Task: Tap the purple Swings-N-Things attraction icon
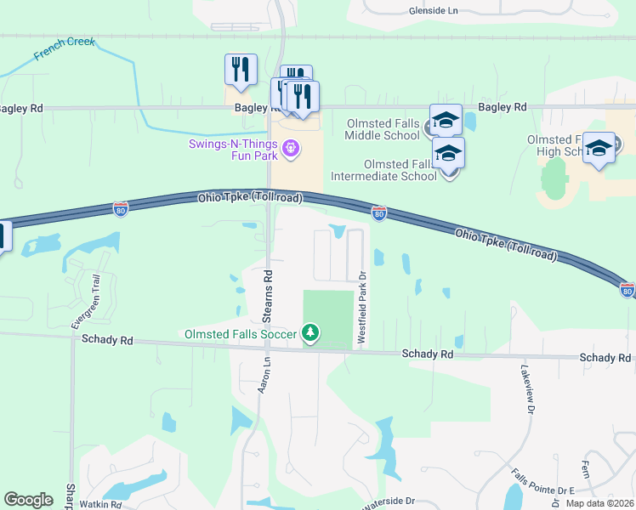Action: (291, 149)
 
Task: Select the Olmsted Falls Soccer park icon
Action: (311, 332)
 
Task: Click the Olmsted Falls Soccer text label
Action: (241, 334)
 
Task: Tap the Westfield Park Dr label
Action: (361, 307)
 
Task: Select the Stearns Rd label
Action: (268, 288)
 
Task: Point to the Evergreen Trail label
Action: (87, 301)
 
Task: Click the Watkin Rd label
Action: (100, 504)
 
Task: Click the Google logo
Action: (28, 500)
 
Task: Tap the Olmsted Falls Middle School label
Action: (383, 129)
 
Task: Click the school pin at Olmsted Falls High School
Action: (599, 148)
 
